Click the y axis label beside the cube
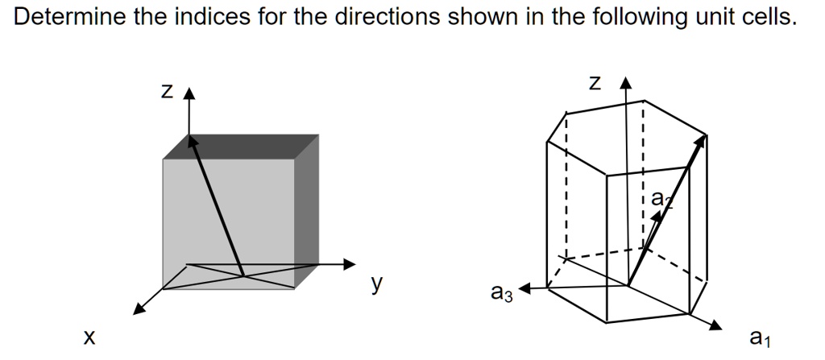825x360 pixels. coord(376,283)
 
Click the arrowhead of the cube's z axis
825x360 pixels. coord(189,94)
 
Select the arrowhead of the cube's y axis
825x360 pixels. coord(349,263)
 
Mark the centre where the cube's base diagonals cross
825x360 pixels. coord(243,275)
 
